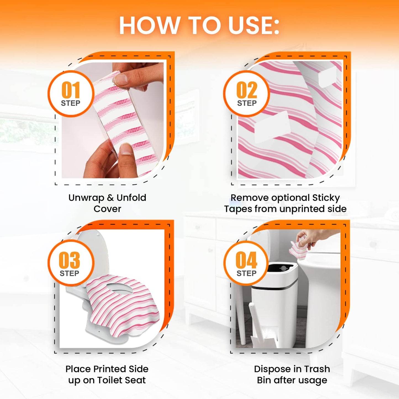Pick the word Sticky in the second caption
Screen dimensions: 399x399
coord(326,198)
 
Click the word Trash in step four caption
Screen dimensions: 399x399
coord(317,369)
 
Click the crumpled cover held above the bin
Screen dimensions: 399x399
coord(298,250)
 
